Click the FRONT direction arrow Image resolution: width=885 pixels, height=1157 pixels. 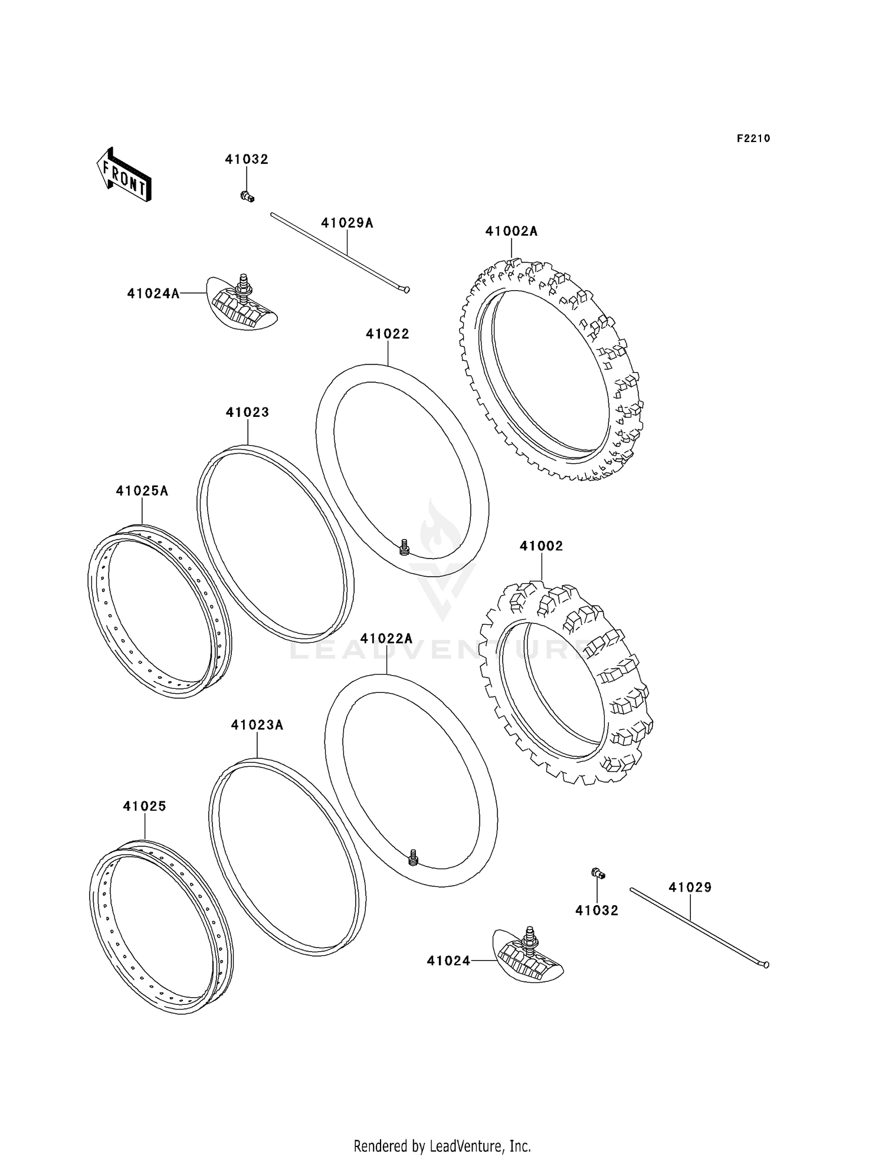[x=124, y=175]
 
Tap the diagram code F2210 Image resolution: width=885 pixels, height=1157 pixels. [x=753, y=139]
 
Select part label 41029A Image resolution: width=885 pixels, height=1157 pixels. [x=347, y=223]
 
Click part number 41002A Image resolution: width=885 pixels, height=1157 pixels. [x=511, y=231]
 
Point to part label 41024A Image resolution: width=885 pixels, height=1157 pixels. [x=153, y=293]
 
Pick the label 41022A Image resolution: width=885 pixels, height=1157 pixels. [x=386, y=639]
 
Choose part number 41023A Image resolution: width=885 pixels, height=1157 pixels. [x=257, y=725]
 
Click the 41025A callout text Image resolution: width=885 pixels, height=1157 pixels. [x=142, y=491]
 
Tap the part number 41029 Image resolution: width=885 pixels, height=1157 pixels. [x=690, y=888]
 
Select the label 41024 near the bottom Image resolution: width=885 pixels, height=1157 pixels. [x=449, y=961]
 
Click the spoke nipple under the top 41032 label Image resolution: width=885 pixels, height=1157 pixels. [x=247, y=196]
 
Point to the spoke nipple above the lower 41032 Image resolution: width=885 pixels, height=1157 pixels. [x=597, y=873]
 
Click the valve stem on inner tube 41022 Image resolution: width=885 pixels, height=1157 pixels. [x=404, y=547]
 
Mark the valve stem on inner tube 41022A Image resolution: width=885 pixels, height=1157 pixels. [x=413, y=857]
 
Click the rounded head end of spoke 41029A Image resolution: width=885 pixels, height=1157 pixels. [x=406, y=290]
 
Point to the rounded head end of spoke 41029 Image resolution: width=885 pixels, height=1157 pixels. [x=765, y=965]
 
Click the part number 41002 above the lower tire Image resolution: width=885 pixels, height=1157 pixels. [x=541, y=546]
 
